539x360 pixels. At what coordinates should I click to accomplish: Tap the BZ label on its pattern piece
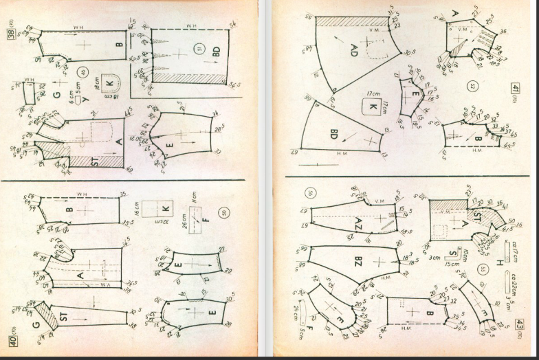[x=339, y=262]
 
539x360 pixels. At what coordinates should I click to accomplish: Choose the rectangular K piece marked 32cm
[x=164, y=208]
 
